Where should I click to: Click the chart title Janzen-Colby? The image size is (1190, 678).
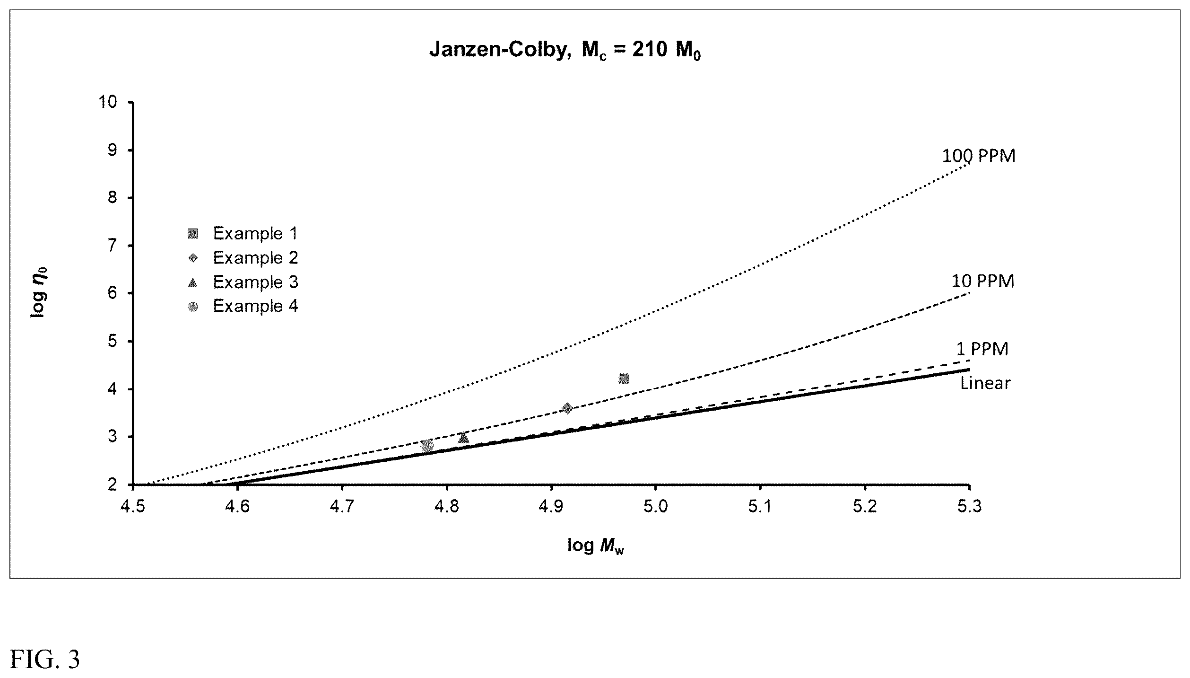pos(565,49)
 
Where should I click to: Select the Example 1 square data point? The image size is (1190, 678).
pos(624,379)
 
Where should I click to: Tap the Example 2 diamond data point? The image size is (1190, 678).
pos(567,408)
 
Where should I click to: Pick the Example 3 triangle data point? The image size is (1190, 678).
pos(464,438)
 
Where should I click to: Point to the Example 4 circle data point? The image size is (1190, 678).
pos(427,446)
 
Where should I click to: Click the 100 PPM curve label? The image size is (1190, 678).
pos(979,156)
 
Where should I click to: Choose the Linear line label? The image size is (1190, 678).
pos(985,383)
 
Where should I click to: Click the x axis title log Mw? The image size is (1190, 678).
pos(596,546)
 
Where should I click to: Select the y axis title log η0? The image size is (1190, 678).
pos(40,292)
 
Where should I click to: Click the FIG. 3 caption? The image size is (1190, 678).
pos(45,659)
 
